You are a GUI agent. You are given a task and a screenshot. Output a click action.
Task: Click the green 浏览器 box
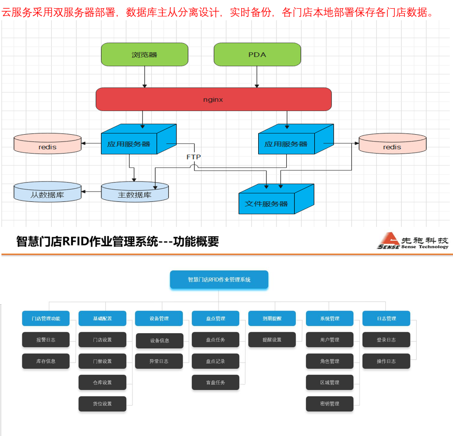tap(144, 54)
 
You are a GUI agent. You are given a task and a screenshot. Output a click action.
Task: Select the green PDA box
tap(257, 54)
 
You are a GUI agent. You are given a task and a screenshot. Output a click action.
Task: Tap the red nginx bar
tap(213, 99)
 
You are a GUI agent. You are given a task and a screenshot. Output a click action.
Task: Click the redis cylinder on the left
tap(47, 144)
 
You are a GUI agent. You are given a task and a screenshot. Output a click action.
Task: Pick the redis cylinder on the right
tap(392, 144)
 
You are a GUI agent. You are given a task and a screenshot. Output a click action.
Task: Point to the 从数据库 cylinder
tap(47, 192)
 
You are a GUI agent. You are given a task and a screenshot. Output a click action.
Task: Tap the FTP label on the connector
tap(193, 157)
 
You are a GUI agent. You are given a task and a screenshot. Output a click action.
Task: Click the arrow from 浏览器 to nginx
tap(144, 77)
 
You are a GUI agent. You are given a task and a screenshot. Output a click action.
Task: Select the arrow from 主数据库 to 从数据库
tap(91, 192)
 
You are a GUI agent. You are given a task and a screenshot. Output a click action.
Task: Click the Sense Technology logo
tap(413, 240)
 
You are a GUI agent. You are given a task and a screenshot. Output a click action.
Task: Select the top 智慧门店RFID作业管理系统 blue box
tap(219, 280)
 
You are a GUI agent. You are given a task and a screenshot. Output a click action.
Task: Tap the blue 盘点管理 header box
tap(216, 319)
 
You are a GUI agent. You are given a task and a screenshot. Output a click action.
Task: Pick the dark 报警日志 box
tap(46, 340)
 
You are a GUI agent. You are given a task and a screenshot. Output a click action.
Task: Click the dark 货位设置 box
tap(102, 404)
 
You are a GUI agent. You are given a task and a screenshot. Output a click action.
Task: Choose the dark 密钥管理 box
tap(330, 404)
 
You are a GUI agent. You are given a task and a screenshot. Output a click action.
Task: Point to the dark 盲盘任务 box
tap(216, 382)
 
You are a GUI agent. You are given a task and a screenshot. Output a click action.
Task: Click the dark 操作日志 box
tap(386, 361)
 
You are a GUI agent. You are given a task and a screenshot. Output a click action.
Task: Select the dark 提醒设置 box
tap(272, 340)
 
